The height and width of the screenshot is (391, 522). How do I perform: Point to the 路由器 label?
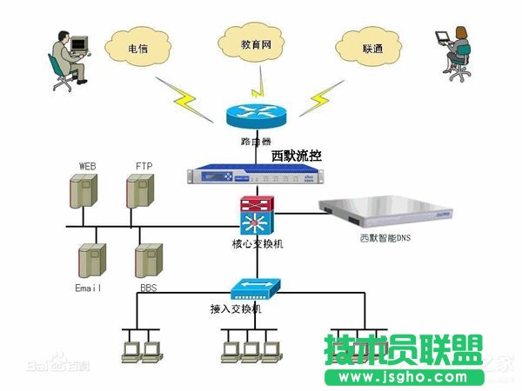tap(257, 141)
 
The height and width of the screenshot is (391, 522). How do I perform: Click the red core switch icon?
tap(257, 215)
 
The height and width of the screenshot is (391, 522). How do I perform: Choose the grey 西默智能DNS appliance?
tap(389, 213)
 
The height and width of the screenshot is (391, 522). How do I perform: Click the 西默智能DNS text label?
tap(390, 237)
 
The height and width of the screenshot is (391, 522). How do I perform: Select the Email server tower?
tap(91, 259)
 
